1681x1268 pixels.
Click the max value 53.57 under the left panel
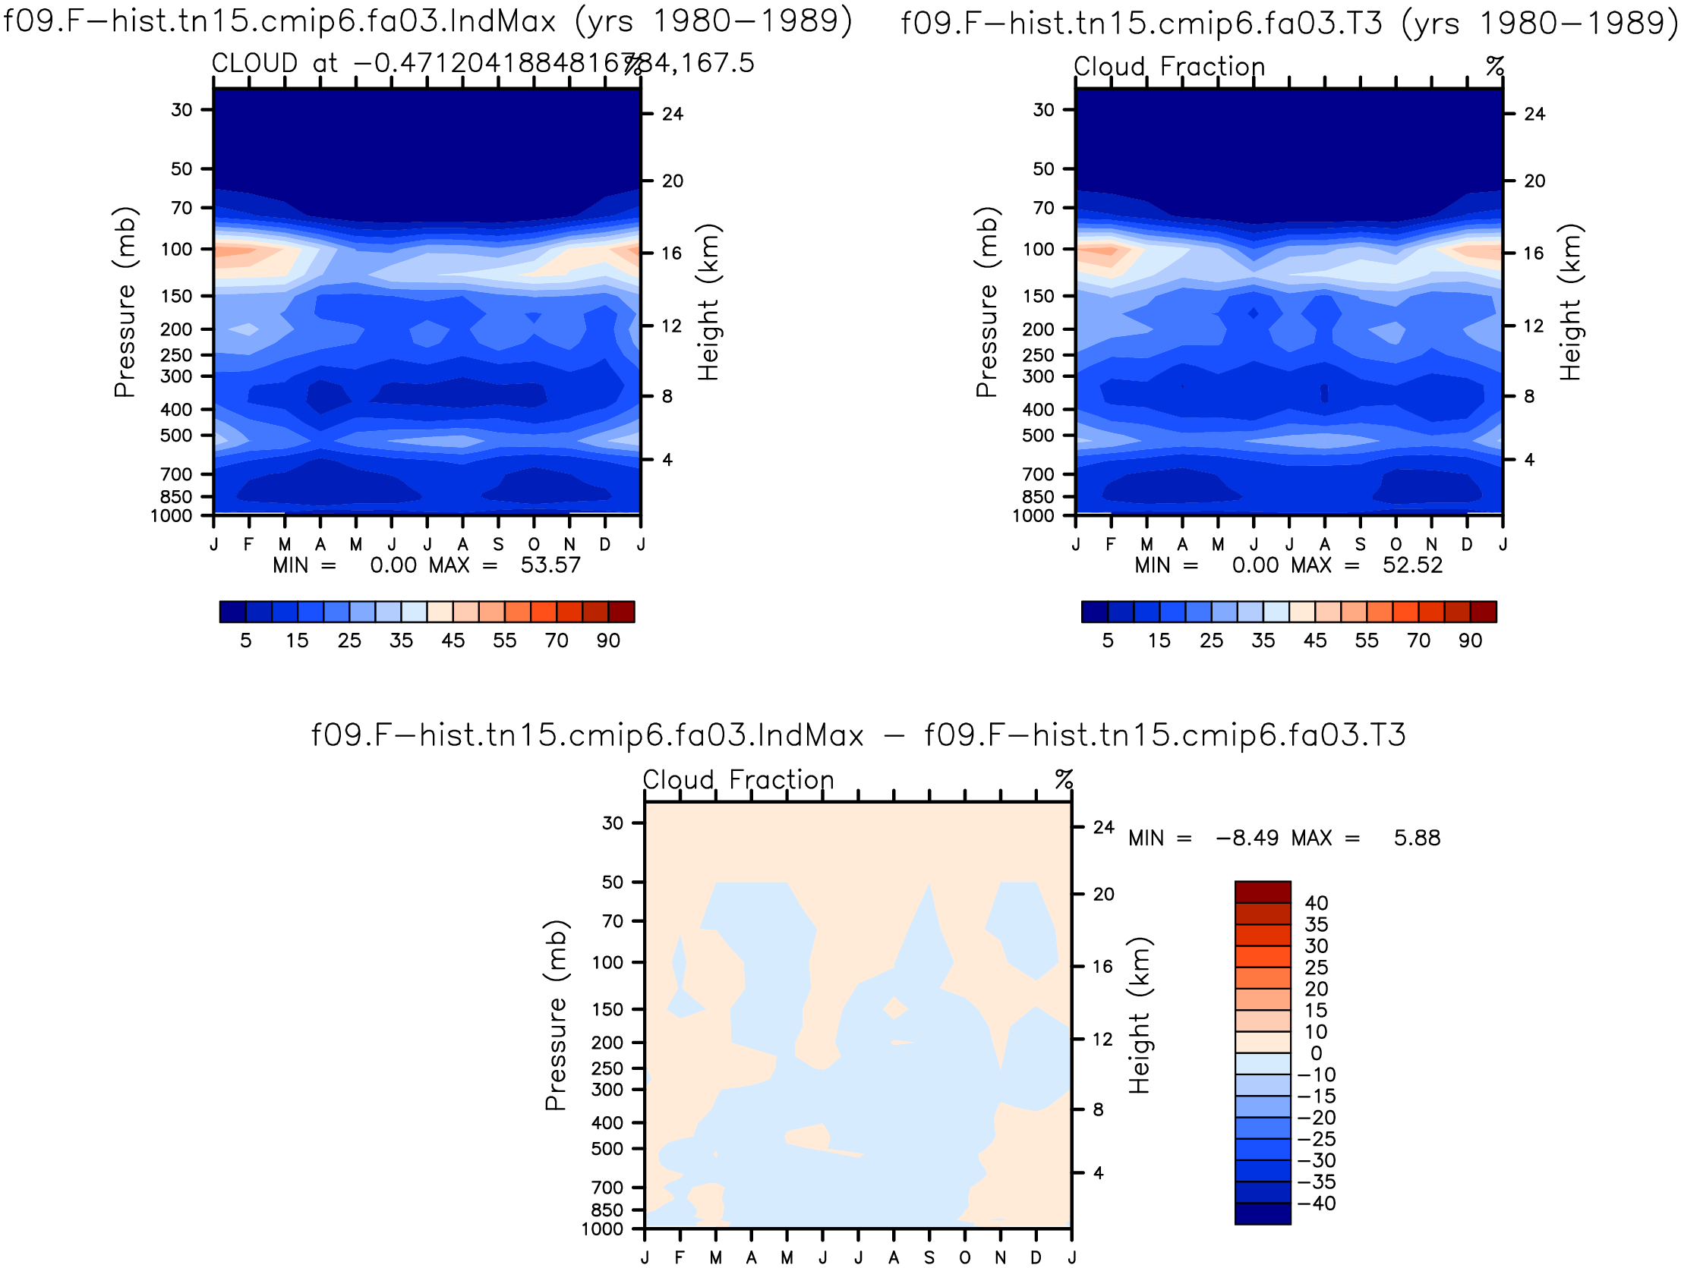pyautogui.click(x=550, y=565)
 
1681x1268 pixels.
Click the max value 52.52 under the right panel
pyautogui.click(x=1412, y=565)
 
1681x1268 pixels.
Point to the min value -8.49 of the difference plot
pyautogui.click(x=1247, y=838)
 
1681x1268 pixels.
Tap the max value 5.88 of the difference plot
pyautogui.click(x=1418, y=838)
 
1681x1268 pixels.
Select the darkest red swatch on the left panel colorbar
pyautogui.click(x=622, y=612)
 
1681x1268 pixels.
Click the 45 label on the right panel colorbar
pyautogui.click(x=1315, y=640)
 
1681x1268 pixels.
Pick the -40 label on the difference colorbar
pyautogui.click(x=1316, y=1203)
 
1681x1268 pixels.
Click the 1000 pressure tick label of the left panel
pyautogui.click(x=171, y=516)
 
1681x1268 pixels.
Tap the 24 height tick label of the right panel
pyautogui.click(x=1534, y=114)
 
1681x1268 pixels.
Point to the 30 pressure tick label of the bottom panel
pyautogui.click(x=613, y=823)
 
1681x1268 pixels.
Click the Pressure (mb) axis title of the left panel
pyautogui.click(x=125, y=302)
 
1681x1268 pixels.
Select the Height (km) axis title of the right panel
pyautogui.click(x=1570, y=302)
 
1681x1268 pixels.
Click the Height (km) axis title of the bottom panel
pyautogui.click(x=1139, y=1016)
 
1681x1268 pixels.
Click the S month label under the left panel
pyautogui.click(x=498, y=544)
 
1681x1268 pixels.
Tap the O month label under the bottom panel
pyautogui.click(x=964, y=1257)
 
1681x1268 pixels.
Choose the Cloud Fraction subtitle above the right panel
pyautogui.click(x=1169, y=67)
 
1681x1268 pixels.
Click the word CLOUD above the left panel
pyautogui.click(x=254, y=63)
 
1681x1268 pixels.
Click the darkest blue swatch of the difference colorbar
pyautogui.click(x=1263, y=1213)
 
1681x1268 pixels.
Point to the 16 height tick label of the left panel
pyautogui.click(x=671, y=253)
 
